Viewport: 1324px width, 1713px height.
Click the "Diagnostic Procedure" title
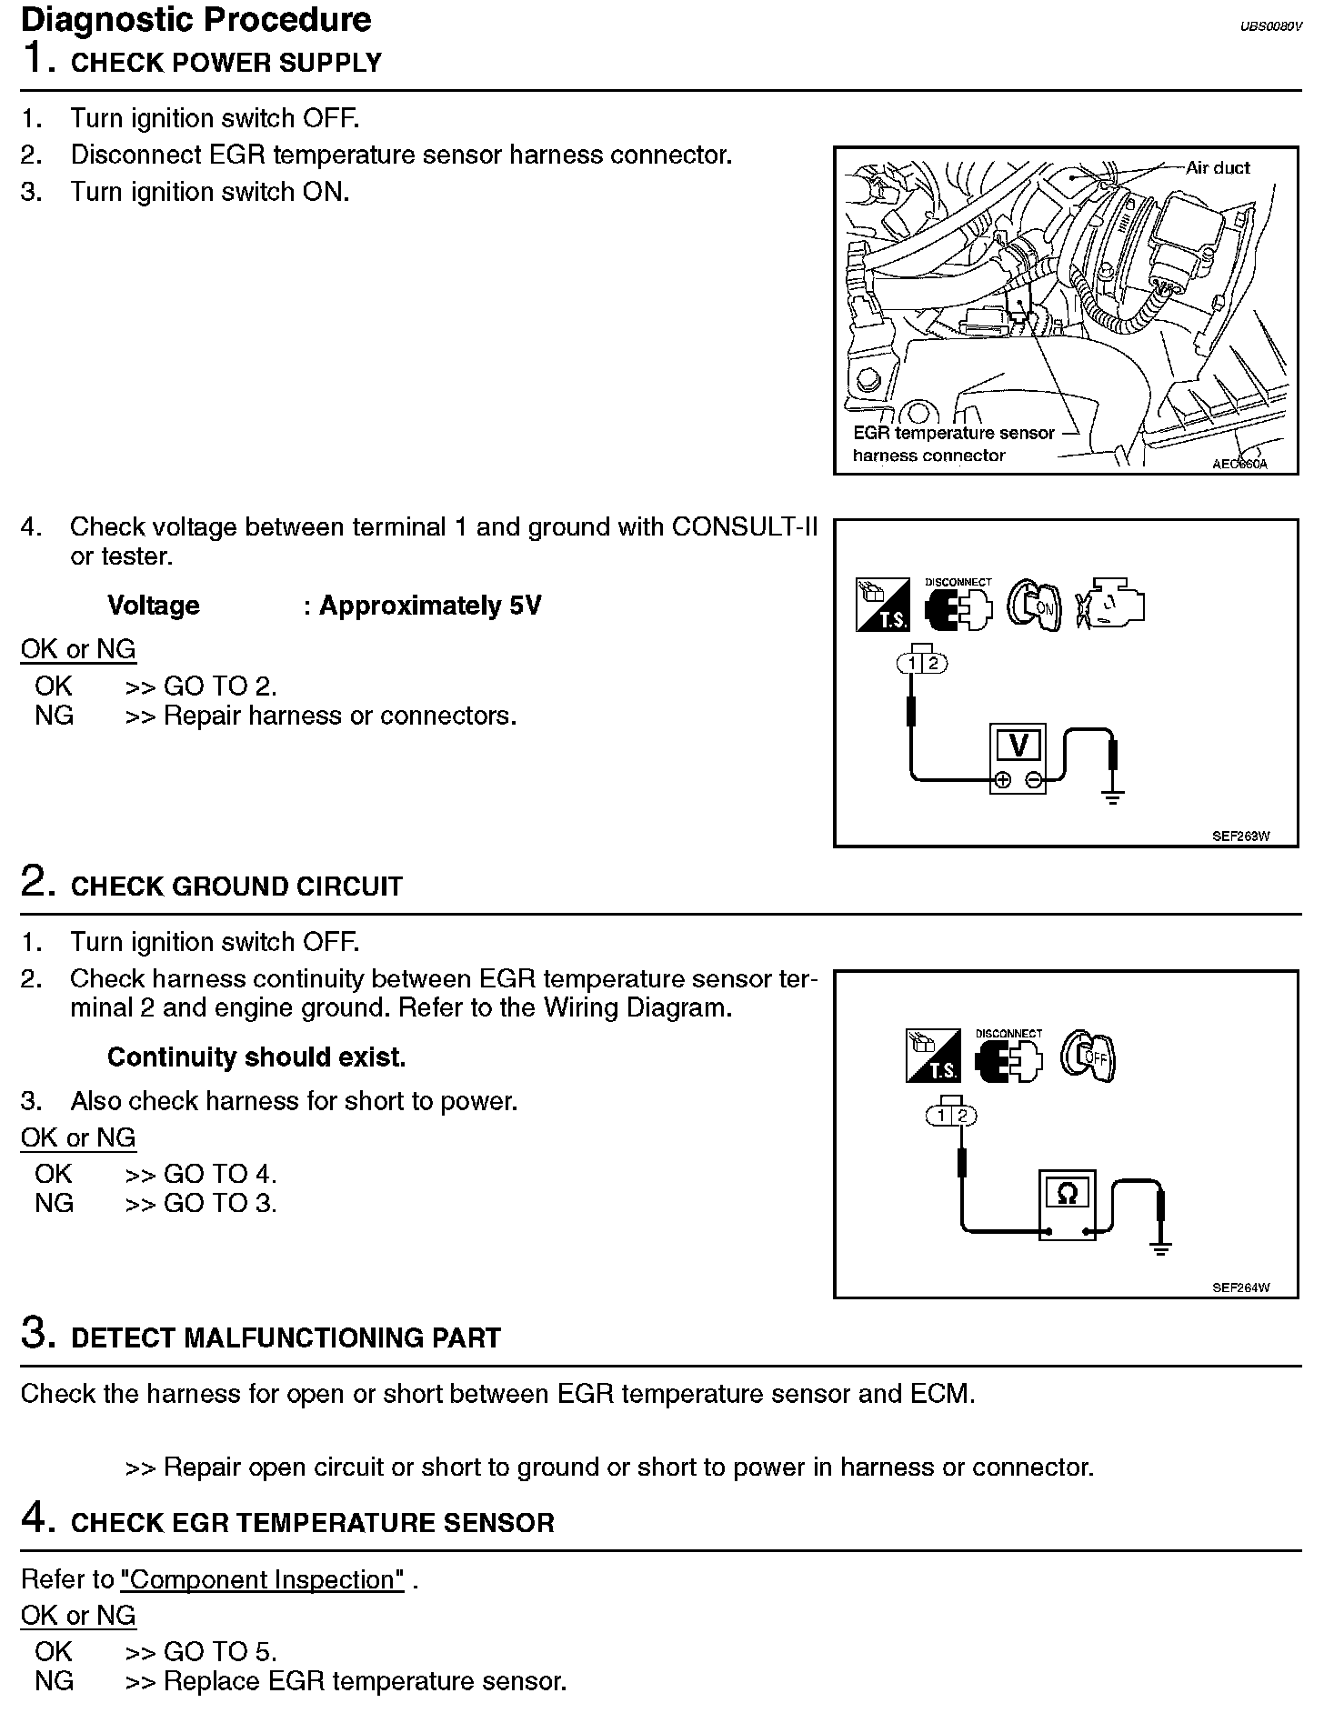point(196,19)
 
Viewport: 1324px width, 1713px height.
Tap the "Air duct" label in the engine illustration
point(1218,167)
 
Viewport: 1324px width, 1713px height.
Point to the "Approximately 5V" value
point(429,606)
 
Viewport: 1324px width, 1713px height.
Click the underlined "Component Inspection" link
point(262,1579)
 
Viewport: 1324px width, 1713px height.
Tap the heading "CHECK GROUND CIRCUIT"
point(236,887)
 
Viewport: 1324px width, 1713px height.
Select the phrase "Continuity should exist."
point(256,1057)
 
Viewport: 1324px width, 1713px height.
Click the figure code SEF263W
point(1240,836)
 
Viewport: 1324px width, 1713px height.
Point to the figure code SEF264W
point(1240,1287)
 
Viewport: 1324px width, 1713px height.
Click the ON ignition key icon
point(1035,605)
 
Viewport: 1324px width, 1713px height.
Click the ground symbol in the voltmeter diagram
point(1112,798)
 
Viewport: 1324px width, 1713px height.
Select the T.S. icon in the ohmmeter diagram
point(932,1057)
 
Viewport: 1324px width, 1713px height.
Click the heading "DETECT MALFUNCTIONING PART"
point(286,1338)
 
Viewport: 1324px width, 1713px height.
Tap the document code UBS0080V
point(1271,26)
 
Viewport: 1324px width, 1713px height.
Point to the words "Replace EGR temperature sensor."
point(365,1681)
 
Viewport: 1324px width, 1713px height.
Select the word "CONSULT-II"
point(744,526)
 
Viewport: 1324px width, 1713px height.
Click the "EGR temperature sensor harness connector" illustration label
point(953,444)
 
